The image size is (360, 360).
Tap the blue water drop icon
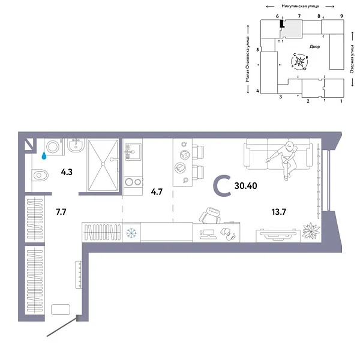pyautogui.click(x=43, y=155)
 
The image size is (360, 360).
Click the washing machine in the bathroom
pyautogui.click(x=52, y=146)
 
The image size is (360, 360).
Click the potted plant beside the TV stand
pyautogui.click(x=310, y=231)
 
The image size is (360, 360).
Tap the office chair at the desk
pyautogui.click(x=213, y=215)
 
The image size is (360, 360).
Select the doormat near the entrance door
pyautogui.click(x=61, y=310)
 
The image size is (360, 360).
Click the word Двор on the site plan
pyautogui.click(x=315, y=46)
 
